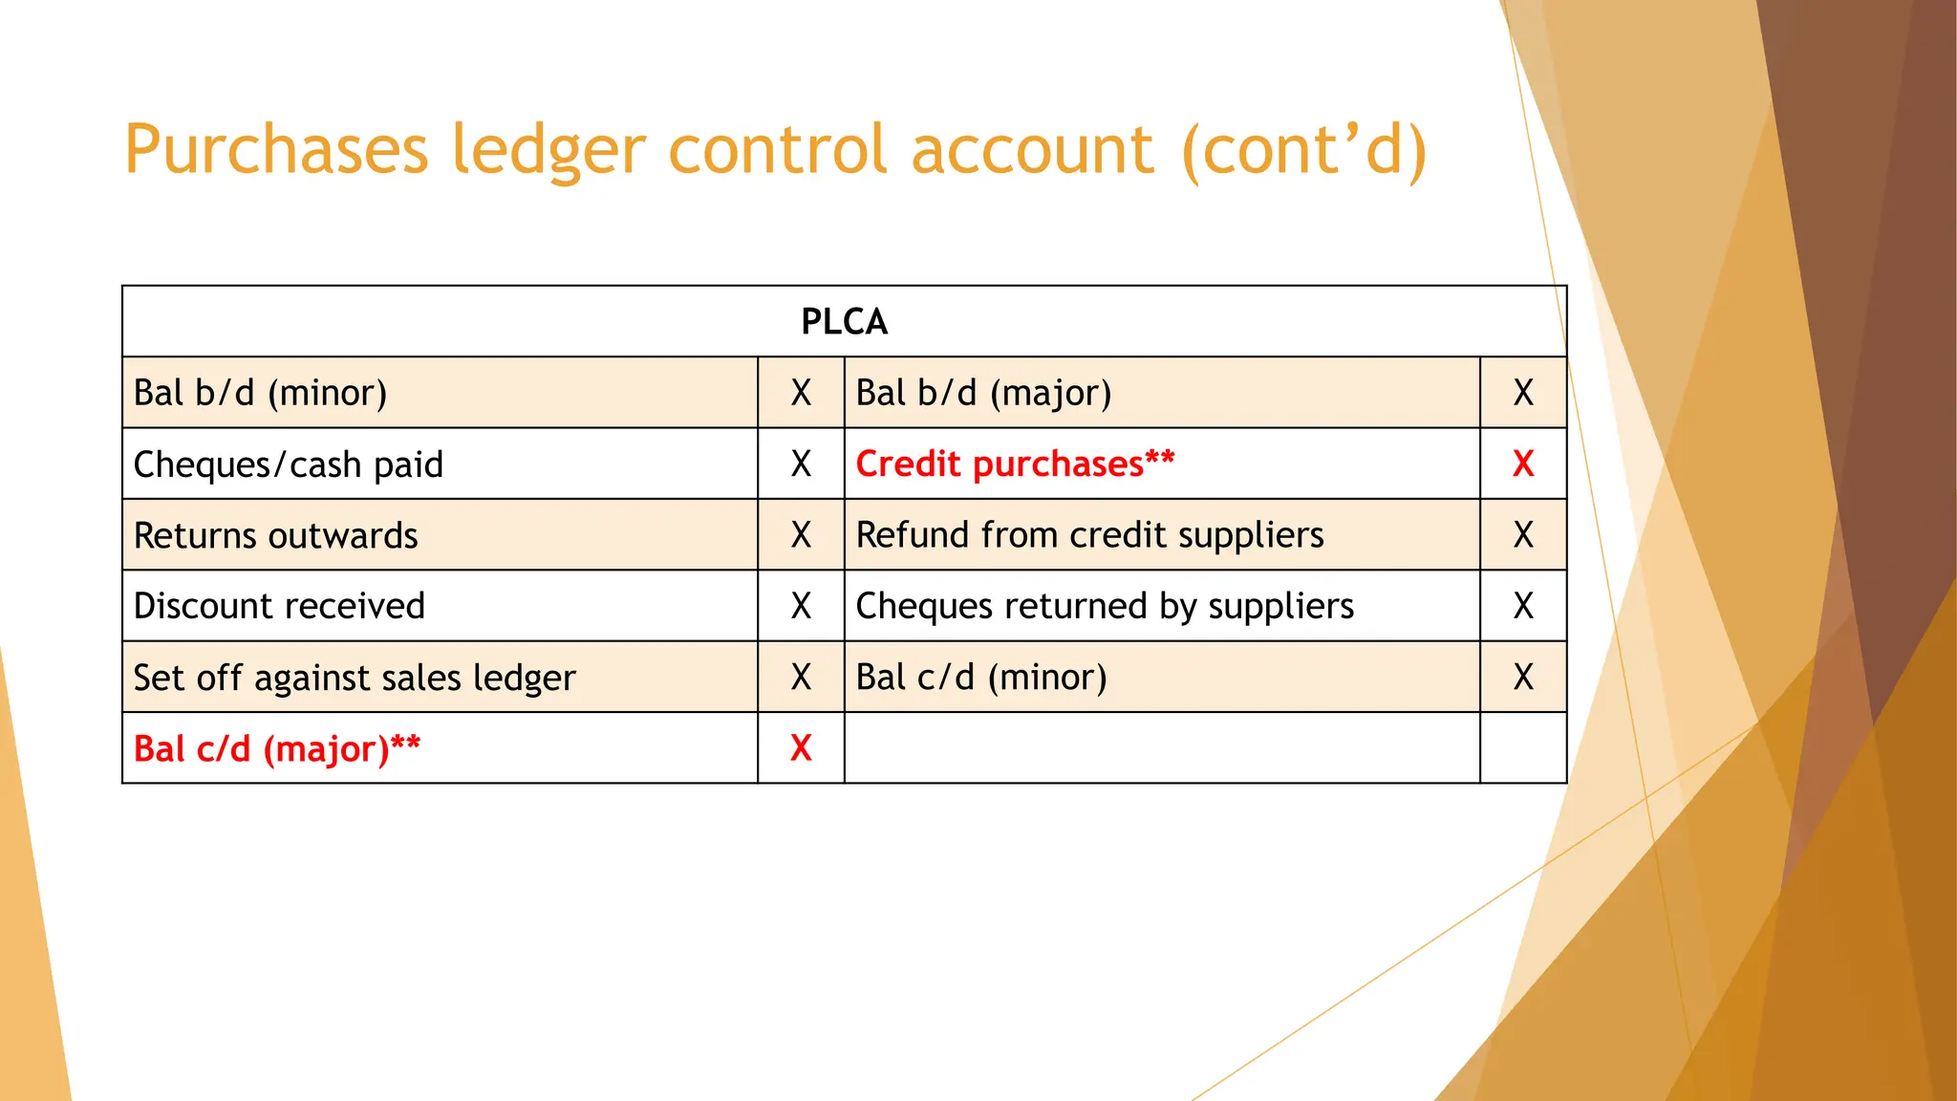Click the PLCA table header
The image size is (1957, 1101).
[844, 322]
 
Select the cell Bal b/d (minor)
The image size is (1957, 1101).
[260, 393]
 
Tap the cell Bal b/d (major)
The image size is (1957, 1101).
[983, 393]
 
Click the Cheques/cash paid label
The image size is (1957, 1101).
[288, 464]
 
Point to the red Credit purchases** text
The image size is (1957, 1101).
[1015, 464]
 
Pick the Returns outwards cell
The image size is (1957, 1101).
[275, 535]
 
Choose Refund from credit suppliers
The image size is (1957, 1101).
[1089, 535]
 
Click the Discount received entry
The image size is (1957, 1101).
[279, 606]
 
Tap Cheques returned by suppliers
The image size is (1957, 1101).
[1105, 606]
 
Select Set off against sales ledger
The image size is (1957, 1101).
[355, 678]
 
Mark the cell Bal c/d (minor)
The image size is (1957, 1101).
[981, 678]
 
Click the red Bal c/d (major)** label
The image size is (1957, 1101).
[276, 748]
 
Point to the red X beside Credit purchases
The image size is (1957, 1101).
[1523, 464]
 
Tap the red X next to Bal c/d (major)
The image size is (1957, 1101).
[801, 748]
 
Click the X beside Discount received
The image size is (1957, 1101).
[801, 606]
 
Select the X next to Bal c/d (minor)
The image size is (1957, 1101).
[1523, 678]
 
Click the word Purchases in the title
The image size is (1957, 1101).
[276, 150]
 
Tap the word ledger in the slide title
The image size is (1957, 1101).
[548, 150]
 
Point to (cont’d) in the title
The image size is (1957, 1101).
[1303, 150]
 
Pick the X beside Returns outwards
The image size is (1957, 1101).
[801, 535]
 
